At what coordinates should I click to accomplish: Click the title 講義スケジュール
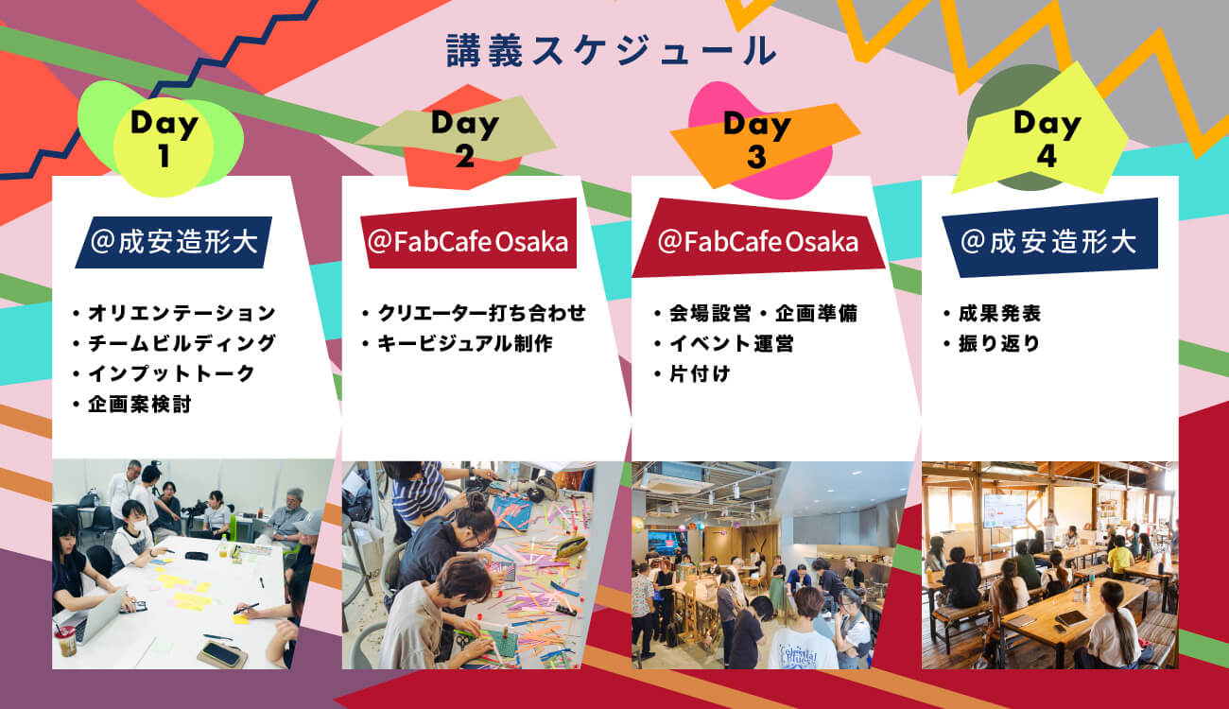[x=612, y=50]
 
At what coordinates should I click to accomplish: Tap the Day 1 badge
[x=163, y=139]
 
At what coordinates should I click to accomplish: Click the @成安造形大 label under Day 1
[x=174, y=242]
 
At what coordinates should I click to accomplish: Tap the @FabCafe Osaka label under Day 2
[x=468, y=241]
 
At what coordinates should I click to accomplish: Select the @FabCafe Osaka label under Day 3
[x=758, y=241]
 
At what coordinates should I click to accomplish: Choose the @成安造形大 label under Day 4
[x=1049, y=241]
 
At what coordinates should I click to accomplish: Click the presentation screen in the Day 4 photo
[x=1005, y=510]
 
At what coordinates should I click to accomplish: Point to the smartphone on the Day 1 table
[x=220, y=653]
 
